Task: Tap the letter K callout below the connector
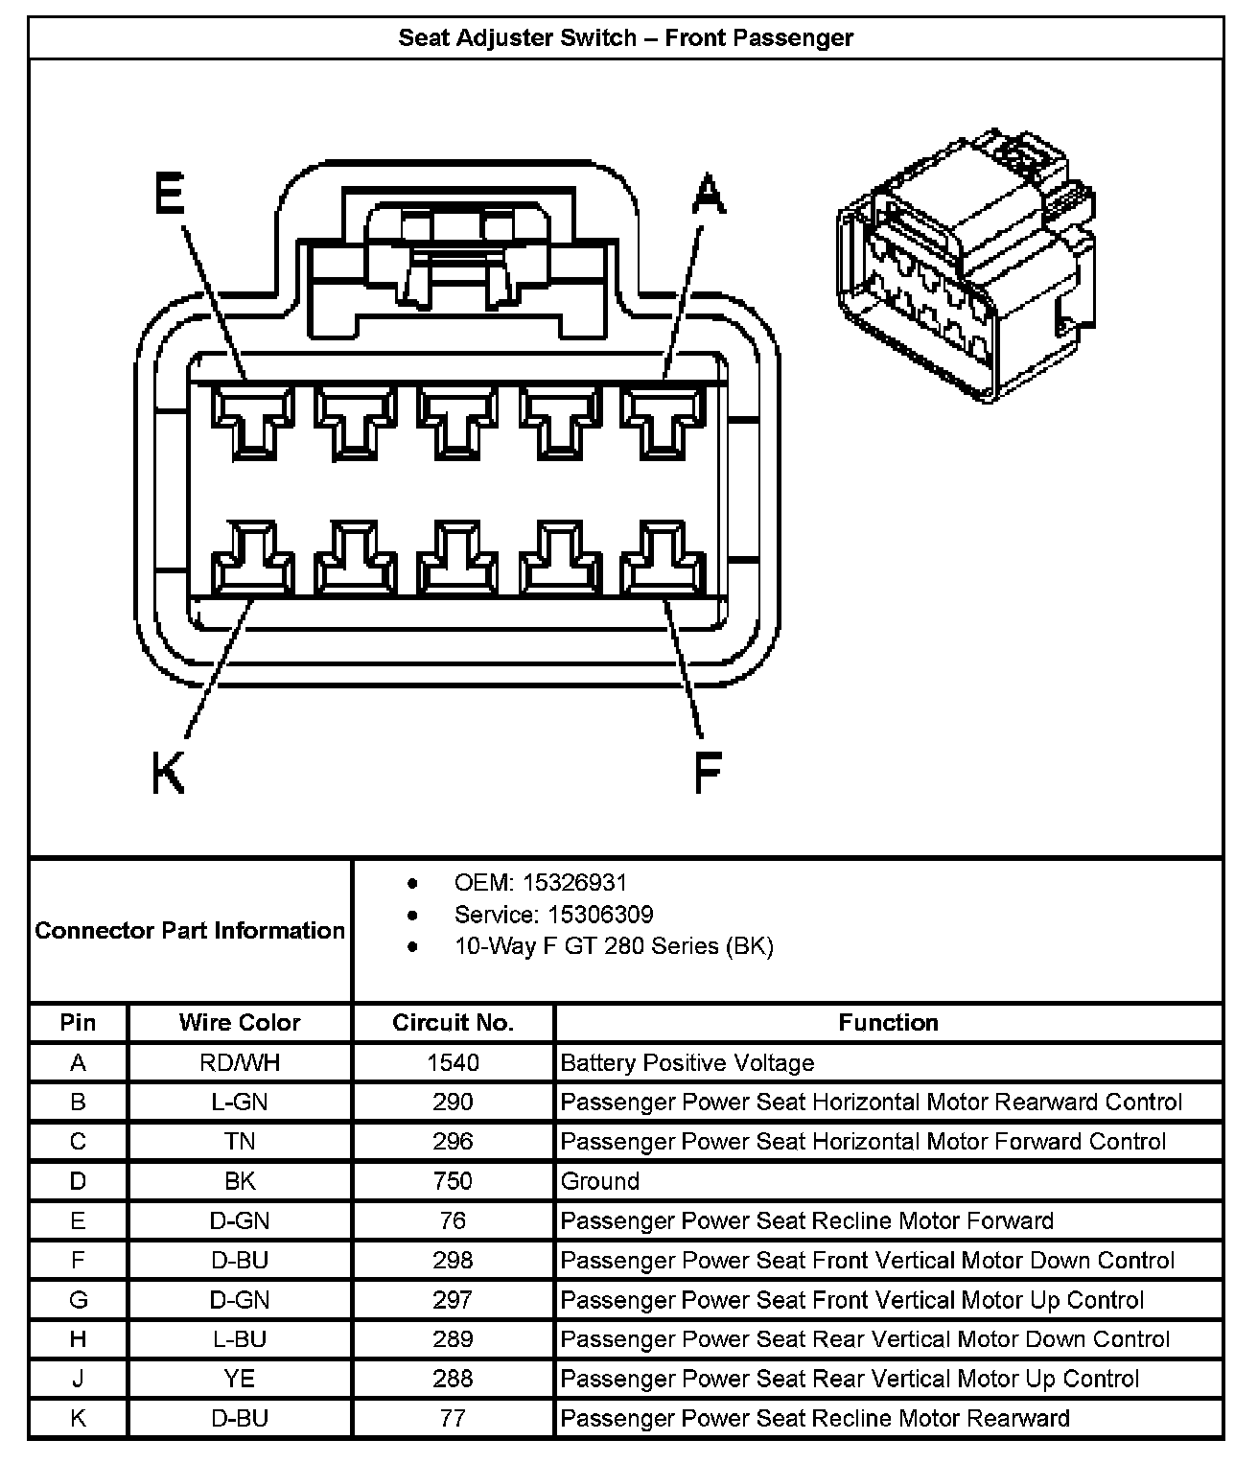[x=169, y=772]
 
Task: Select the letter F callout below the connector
[x=708, y=772]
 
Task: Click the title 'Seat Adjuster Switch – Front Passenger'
[x=626, y=38]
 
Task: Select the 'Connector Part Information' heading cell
[x=190, y=930]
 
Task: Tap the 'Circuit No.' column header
[x=453, y=1022]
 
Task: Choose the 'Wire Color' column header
[x=240, y=1022]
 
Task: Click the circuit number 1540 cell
[x=453, y=1062]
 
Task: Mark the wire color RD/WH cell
[x=240, y=1062]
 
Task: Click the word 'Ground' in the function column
[x=600, y=1181]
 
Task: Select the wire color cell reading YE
[x=240, y=1379]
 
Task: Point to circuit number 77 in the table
[x=453, y=1418]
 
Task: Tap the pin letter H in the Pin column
[x=78, y=1339]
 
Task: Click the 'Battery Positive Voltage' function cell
[x=687, y=1062]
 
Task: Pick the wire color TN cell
[x=240, y=1142]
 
